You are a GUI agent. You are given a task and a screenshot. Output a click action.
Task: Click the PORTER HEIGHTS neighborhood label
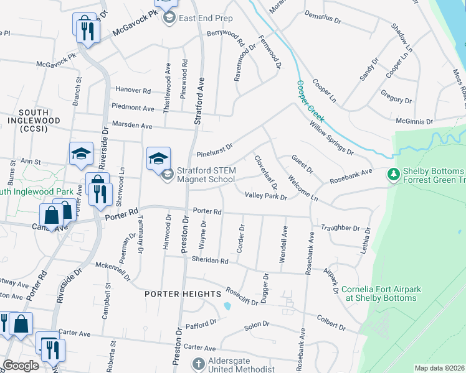(183, 293)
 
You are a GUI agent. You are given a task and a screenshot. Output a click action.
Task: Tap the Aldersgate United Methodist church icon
(197, 364)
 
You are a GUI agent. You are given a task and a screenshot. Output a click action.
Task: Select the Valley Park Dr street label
(265, 196)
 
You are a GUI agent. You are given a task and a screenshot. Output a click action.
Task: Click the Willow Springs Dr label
(331, 138)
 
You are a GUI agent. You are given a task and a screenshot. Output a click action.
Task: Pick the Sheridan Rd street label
(210, 261)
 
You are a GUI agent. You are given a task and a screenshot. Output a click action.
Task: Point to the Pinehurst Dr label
(214, 149)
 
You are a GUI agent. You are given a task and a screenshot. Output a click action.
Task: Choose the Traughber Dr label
(341, 228)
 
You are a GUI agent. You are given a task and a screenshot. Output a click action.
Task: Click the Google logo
(21, 366)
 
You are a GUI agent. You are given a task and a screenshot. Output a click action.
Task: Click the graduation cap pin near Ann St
(81, 157)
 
